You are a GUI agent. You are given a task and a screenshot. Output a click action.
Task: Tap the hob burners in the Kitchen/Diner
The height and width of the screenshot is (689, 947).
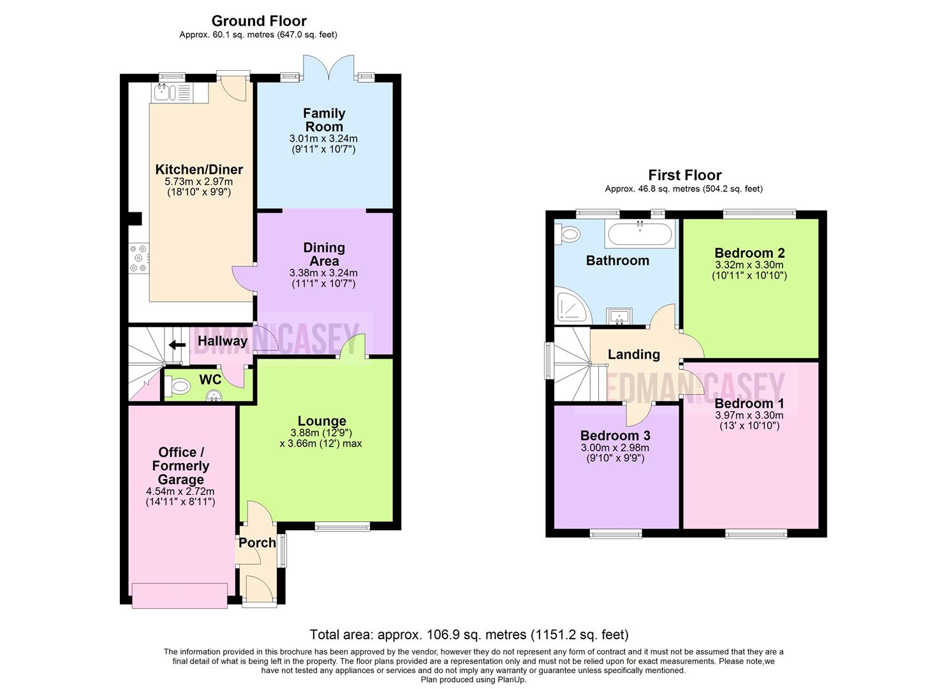coord(139,258)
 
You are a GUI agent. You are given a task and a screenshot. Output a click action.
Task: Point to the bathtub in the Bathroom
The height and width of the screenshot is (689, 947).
coord(640,234)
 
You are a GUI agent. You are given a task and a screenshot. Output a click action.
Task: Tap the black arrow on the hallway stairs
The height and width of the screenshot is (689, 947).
coord(177,345)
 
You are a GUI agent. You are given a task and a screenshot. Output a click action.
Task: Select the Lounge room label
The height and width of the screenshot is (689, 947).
coord(322,421)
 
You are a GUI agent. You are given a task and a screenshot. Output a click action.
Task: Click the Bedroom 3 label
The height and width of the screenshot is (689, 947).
coord(615,436)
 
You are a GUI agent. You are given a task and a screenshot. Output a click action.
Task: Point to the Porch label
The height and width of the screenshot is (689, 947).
coord(257,543)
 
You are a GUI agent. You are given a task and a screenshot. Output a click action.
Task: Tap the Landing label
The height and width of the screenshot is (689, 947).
coord(634,355)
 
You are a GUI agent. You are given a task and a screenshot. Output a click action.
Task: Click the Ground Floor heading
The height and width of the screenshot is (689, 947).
coord(259,20)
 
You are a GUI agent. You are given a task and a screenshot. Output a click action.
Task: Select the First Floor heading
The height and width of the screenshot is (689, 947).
coord(685,175)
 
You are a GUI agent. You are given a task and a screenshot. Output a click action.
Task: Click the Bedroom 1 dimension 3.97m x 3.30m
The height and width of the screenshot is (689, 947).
coord(749,415)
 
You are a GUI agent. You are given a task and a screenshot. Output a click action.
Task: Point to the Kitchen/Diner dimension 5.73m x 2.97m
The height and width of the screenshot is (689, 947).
coord(198,182)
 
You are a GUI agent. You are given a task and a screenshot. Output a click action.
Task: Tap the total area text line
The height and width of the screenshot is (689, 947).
coord(469,635)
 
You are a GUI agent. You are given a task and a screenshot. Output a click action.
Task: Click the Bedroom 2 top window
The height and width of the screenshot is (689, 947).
coord(760,214)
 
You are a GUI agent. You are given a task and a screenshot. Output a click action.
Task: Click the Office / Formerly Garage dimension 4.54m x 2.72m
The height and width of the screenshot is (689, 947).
coord(180,491)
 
